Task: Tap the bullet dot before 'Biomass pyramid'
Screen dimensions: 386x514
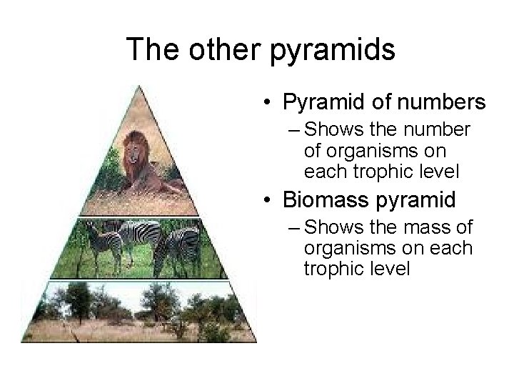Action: pos(265,201)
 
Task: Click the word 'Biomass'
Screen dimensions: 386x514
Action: pos(321,201)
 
